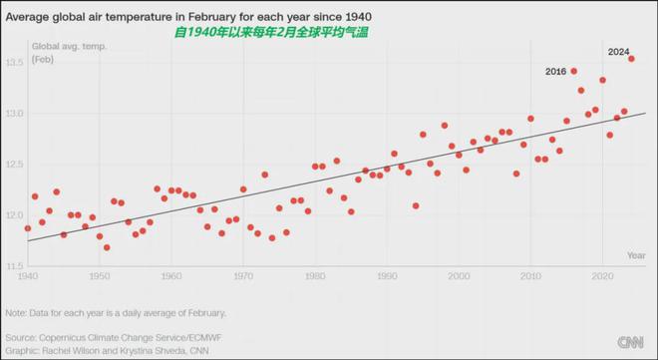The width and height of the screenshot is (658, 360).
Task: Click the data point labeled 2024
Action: (x=631, y=59)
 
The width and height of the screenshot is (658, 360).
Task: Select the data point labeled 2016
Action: (x=573, y=72)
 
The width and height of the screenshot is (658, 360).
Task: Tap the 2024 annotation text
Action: (x=618, y=52)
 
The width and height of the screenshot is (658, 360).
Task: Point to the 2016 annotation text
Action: (x=555, y=72)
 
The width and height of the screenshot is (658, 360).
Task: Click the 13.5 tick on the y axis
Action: (x=14, y=63)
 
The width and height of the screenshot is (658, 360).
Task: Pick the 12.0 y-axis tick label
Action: (x=14, y=215)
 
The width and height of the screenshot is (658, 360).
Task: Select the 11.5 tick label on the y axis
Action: (x=14, y=266)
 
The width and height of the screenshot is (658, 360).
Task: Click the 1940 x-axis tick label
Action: (x=27, y=276)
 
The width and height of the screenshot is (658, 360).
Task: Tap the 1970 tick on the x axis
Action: (x=243, y=276)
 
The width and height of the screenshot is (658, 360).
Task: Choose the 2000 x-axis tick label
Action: (x=459, y=276)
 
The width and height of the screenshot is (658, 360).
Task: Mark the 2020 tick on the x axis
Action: (x=602, y=276)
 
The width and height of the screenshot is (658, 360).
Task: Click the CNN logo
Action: (x=630, y=342)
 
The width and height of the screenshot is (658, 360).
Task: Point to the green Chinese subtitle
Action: (x=271, y=32)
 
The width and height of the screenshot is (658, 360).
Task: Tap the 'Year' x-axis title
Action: (x=636, y=255)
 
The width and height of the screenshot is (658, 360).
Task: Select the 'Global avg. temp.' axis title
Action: (x=69, y=46)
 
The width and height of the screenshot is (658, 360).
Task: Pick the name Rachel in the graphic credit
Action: (x=56, y=351)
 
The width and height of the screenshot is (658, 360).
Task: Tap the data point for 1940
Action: (x=28, y=228)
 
